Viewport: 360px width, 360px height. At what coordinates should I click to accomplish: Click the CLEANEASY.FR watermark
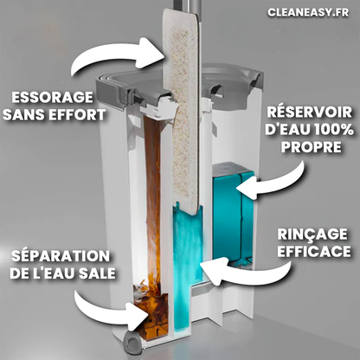[x=308, y=12]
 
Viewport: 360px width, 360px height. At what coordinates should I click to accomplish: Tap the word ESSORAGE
[x=52, y=98]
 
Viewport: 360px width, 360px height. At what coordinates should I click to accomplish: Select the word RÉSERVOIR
[x=310, y=112]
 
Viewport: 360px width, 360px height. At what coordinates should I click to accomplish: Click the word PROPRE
[x=311, y=147]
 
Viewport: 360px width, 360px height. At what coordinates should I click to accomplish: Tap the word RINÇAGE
[x=312, y=235]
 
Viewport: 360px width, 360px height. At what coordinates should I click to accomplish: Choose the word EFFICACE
[x=314, y=251]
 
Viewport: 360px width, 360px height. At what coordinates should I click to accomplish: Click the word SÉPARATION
[x=61, y=255]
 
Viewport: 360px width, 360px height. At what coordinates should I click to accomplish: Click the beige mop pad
[x=181, y=112]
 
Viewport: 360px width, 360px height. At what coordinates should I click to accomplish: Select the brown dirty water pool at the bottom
[x=152, y=313]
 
